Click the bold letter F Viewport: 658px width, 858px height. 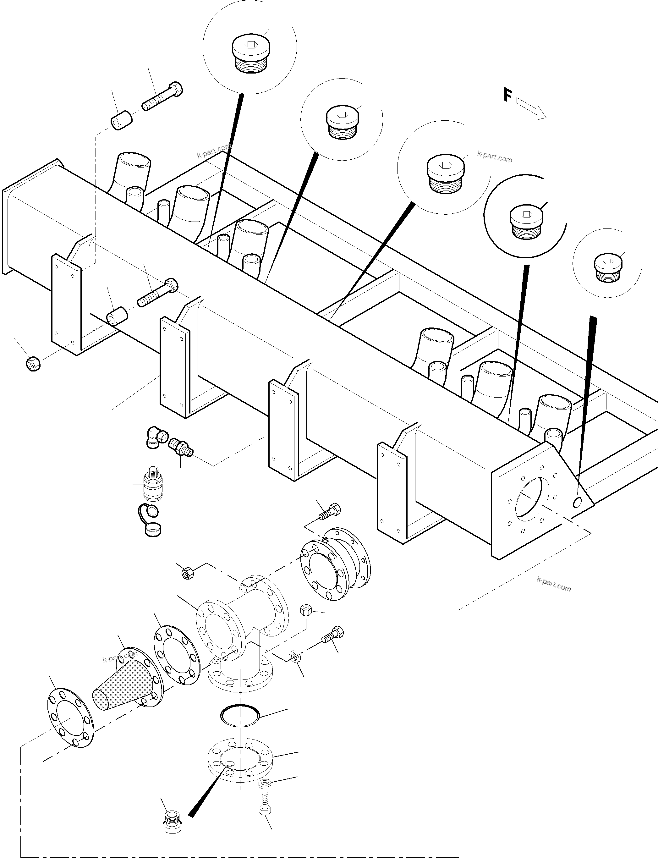click(507, 95)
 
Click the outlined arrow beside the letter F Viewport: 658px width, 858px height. click(531, 108)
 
